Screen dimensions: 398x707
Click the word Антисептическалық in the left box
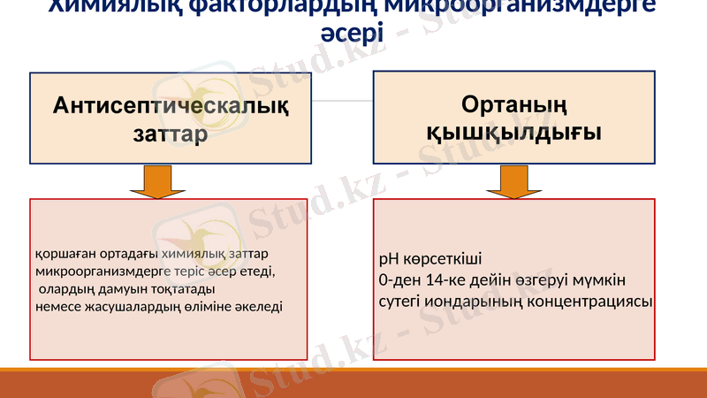coord(171,106)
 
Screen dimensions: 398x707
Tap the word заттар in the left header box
coord(171,135)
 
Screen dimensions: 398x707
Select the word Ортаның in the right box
coord(513,103)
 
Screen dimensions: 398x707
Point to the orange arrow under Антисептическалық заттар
coord(157,181)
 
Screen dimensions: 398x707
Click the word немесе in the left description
coord(58,306)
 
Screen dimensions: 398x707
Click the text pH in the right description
coord(388,260)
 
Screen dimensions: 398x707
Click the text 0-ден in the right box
coord(397,280)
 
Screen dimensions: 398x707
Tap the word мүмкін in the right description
coord(600,280)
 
